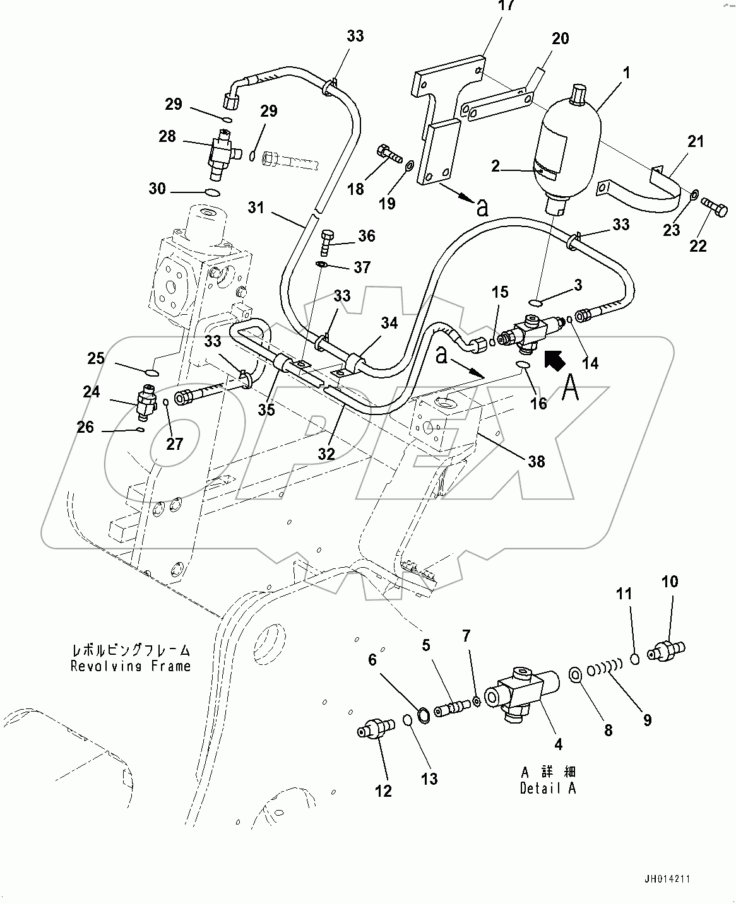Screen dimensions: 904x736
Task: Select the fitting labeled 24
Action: tap(146, 401)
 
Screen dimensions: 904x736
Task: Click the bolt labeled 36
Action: tap(327, 240)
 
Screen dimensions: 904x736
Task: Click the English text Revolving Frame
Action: tap(131, 666)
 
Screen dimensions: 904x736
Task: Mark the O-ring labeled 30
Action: tap(213, 193)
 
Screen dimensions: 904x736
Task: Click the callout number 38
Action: tap(536, 462)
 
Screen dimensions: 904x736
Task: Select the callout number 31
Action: tap(256, 207)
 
